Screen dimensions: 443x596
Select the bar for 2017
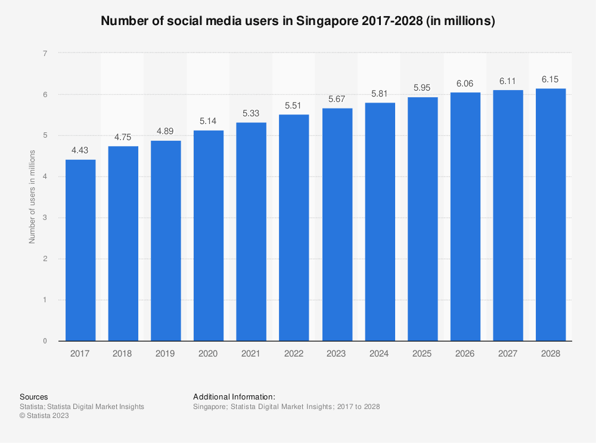pyautogui.click(x=80, y=250)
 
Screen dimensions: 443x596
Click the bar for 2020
pyautogui.click(x=209, y=236)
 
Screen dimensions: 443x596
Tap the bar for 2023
pyautogui.click(x=337, y=225)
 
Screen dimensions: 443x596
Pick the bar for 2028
pyautogui.click(x=551, y=215)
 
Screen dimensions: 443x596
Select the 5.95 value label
pyautogui.click(x=423, y=87)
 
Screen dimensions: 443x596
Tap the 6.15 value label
pyautogui.click(x=551, y=79)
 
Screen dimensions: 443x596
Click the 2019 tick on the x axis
pyautogui.click(x=166, y=354)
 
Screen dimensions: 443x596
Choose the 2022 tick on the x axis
pyautogui.click(x=294, y=354)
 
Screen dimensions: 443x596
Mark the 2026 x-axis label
pyautogui.click(x=465, y=354)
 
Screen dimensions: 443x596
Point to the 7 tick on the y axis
pyautogui.click(x=45, y=54)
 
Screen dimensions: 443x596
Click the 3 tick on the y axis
pyautogui.click(x=45, y=218)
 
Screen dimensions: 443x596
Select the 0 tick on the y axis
pyautogui.click(x=45, y=341)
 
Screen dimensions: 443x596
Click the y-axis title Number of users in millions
pyautogui.click(x=32, y=197)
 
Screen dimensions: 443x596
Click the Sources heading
pyautogui.click(x=34, y=396)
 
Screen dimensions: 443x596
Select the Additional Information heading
pyautogui.click(x=234, y=396)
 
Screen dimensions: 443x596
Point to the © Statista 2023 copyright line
pyautogui.click(x=44, y=416)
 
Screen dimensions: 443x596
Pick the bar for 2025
pyautogui.click(x=423, y=219)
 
